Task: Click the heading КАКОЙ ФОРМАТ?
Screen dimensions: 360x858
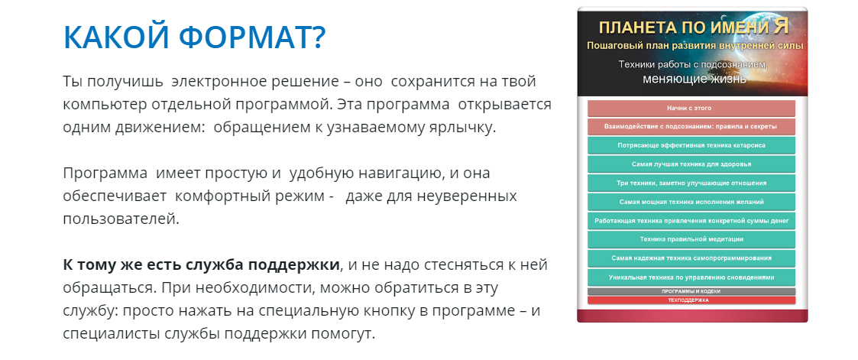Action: click(x=194, y=37)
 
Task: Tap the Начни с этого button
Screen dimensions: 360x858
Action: click(x=691, y=109)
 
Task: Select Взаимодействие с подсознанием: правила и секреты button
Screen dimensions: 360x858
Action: click(x=691, y=126)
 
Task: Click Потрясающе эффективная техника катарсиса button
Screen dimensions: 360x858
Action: click(x=691, y=145)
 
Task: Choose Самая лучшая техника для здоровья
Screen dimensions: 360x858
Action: click(x=691, y=164)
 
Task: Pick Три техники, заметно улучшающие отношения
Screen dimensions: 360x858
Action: click(x=691, y=183)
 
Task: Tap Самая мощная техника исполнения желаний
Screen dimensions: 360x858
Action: click(x=691, y=203)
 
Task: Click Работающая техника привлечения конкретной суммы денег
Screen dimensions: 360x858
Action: click(x=691, y=221)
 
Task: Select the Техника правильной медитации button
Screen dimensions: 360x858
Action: click(x=691, y=239)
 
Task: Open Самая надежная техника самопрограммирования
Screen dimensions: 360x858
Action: click(x=691, y=258)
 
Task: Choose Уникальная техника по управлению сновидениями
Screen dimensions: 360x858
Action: click(x=691, y=277)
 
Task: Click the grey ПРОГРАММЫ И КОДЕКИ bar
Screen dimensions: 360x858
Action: click(x=691, y=291)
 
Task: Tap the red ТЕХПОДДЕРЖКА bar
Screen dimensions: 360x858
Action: click(x=691, y=300)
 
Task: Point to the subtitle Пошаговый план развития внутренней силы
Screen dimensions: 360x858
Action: click(x=694, y=47)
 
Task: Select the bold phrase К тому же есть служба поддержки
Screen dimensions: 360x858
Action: click(x=201, y=265)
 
